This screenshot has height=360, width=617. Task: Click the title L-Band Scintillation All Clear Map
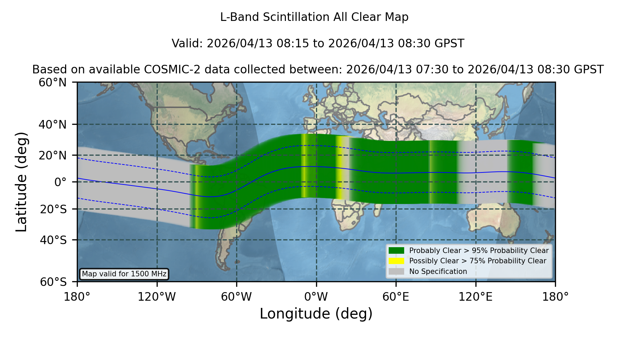tap(314, 17)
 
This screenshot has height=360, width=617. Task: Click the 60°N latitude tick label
tap(53, 83)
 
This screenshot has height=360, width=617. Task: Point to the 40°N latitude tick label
tap(53, 124)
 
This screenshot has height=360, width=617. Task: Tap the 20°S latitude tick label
tap(53, 209)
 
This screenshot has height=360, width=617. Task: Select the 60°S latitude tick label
tap(53, 282)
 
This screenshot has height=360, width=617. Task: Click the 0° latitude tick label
tap(60, 182)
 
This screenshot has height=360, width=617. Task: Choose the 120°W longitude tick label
tap(157, 297)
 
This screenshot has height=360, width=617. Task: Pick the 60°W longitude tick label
tap(237, 297)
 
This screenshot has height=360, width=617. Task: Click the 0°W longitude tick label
tap(316, 297)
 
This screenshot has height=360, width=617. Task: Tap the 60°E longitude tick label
tap(396, 297)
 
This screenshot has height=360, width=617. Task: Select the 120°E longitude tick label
tap(476, 297)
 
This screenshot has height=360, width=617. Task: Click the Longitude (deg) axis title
tap(316, 314)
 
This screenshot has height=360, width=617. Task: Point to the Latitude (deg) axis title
tap(22, 182)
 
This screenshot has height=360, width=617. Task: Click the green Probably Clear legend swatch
tap(396, 251)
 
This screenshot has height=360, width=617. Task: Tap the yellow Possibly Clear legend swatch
tap(396, 261)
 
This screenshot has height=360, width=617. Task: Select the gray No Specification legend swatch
tap(396, 272)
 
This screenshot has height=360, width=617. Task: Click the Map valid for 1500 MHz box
tap(124, 274)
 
